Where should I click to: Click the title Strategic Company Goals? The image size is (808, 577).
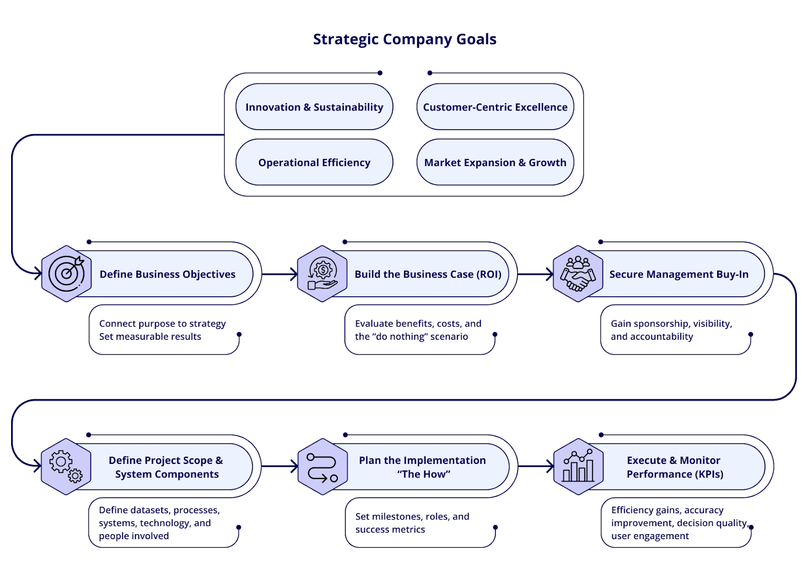coord(405,39)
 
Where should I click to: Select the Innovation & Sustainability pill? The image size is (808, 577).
coord(314,107)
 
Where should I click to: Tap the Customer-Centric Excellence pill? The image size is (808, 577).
coord(495,107)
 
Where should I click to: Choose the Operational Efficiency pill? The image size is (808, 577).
coord(314,163)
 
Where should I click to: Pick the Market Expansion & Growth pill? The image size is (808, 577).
coord(495,163)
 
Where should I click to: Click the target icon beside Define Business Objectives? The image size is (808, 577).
coord(67,274)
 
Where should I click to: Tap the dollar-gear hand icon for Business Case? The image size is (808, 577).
coord(322,274)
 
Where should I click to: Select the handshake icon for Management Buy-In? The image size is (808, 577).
coord(578,274)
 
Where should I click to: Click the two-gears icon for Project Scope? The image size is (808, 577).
coord(66,466)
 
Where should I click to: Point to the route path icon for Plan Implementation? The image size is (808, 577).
coord(322,467)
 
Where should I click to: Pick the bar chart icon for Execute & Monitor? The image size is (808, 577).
coord(578,467)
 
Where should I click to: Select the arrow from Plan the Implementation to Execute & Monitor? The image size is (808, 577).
coord(536,466)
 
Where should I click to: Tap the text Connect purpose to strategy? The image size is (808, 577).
coord(162,324)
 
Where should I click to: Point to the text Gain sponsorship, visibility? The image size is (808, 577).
coord(671,324)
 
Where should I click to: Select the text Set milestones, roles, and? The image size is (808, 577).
coord(412,516)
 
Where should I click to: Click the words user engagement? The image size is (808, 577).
coord(650,536)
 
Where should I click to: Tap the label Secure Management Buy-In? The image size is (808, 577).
coord(679,274)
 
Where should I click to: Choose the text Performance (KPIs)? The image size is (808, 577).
coord(675,474)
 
